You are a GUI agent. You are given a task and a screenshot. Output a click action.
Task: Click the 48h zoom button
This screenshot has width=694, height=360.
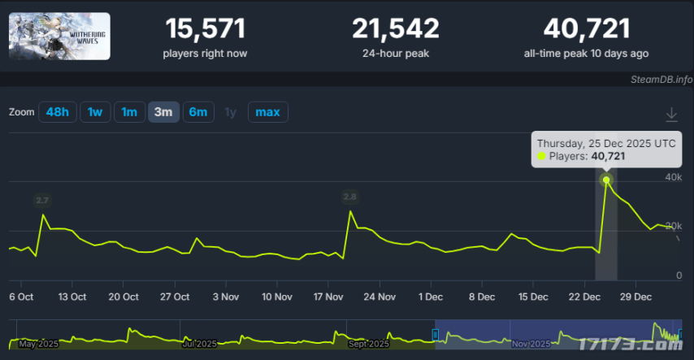pos(57,112)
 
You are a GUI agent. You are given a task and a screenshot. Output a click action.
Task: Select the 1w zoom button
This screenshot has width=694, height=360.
pos(95,112)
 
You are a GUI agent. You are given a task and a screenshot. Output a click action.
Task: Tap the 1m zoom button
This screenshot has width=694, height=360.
pos(129,112)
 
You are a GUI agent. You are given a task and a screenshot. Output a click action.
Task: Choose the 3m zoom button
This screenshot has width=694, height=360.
pos(163,112)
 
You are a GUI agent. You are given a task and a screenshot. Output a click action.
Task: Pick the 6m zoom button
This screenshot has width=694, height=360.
pos(198,112)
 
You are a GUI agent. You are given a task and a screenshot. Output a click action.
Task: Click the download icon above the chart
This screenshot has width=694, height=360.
pos(671,115)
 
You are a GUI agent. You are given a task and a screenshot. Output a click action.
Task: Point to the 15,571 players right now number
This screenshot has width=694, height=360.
pos(205,29)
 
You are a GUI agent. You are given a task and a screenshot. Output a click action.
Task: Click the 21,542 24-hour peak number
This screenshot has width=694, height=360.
pos(396,29)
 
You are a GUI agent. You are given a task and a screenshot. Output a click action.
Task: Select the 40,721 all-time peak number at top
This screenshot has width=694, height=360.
pos(587,29)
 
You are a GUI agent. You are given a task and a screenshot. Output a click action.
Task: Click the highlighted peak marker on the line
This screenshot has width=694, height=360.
pos(606,180)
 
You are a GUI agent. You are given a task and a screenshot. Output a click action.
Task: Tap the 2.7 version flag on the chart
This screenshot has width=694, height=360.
pos(42,200)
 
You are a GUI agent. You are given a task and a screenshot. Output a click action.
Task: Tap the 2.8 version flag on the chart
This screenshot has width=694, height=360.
pos(350,197)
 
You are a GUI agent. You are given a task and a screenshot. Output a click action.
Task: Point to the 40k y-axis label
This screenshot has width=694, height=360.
pos(673,177)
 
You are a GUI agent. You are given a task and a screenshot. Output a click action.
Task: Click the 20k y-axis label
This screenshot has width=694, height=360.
pos(673,227)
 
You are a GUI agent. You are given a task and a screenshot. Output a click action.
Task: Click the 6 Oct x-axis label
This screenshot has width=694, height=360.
pos(20,297)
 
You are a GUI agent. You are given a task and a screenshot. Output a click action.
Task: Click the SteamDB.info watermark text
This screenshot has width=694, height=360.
pos(661,79)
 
